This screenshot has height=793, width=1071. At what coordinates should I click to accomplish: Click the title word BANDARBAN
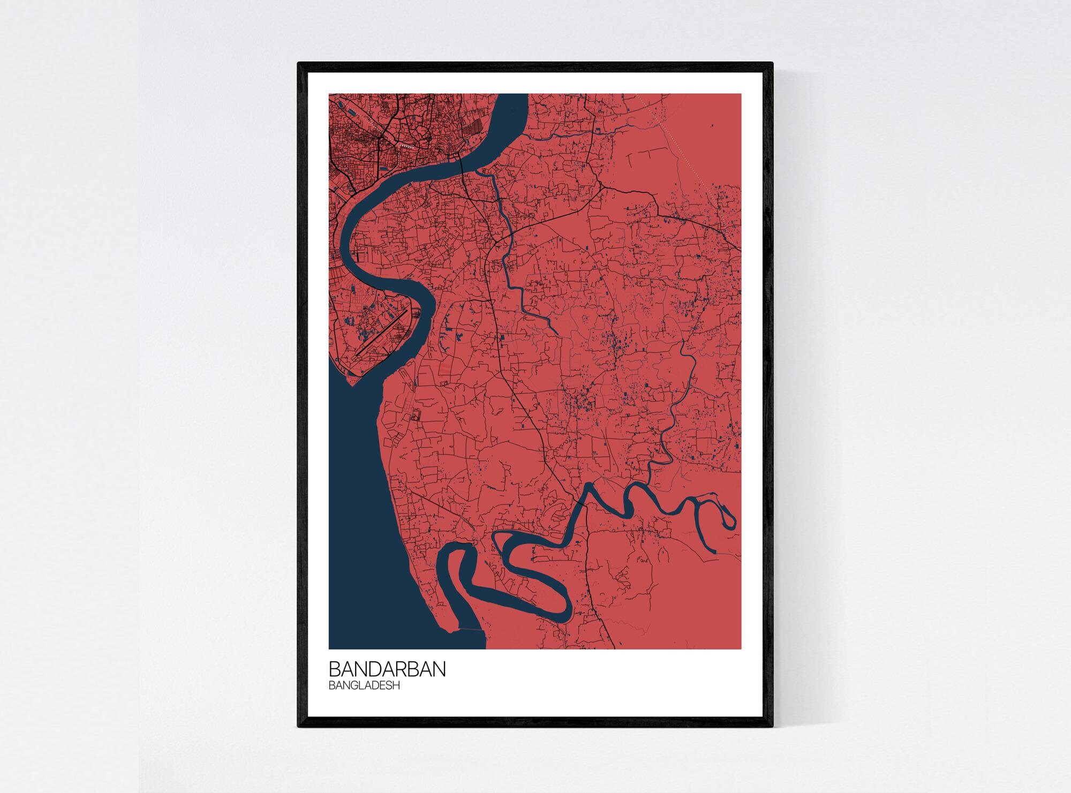[x=387, y=669]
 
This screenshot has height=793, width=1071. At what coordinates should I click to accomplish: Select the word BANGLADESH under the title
[x=364, y=685]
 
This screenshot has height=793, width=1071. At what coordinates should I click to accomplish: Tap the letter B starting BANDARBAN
[x=334, y=669]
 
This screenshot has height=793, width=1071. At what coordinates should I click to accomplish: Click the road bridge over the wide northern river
[x=462, y=160]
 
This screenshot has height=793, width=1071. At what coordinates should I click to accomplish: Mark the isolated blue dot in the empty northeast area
[x=712, y=126]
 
